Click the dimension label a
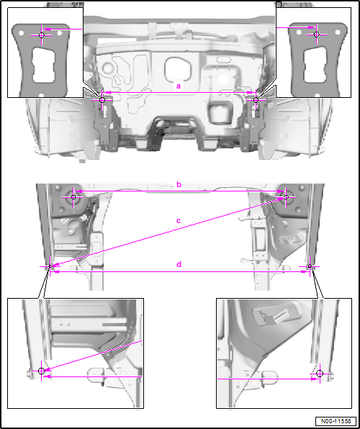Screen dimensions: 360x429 pos(179,86)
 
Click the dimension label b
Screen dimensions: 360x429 pos(179,185)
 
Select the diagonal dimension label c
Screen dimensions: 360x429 pos(179,220)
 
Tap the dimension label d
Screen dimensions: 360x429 pos(179,265)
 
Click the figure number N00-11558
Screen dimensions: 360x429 pos(336,421)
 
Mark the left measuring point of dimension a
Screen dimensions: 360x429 pos(102,100)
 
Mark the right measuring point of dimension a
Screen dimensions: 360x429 pos(256,100)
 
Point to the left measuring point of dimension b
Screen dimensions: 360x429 pos(73,197)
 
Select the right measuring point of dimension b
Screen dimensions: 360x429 pos(286,197)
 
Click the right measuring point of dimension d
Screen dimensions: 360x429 pos(310,266)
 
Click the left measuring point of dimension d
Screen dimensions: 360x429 pos(50,266)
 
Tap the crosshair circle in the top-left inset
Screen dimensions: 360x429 pos(41,35)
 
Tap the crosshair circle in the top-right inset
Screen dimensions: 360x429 pos(317,35)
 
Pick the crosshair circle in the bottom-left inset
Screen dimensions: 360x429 pos(41,371)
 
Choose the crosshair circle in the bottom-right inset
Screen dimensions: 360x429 pos(320,374)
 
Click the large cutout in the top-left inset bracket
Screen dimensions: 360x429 pos(43,65)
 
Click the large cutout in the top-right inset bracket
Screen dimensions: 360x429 pos(315,65)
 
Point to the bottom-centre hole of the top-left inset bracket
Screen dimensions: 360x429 pos(41,96)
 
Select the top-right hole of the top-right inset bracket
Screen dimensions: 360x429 pos(338,32)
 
